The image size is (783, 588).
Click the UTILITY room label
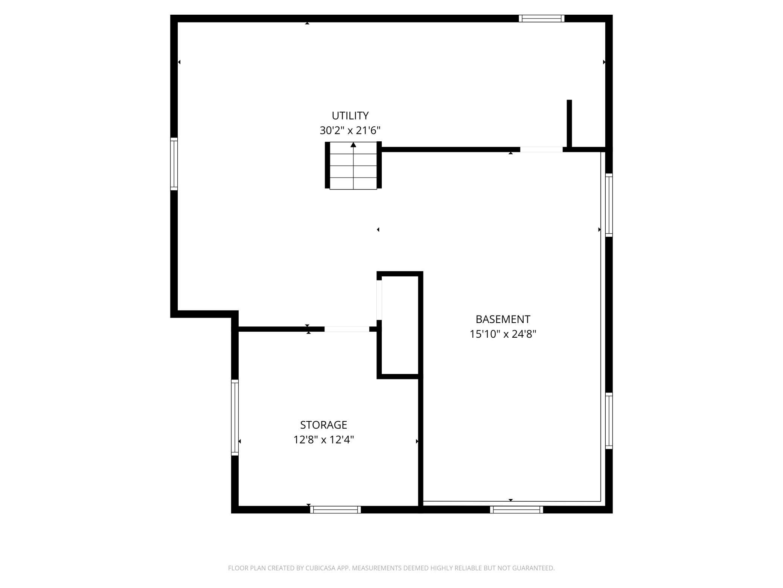[x=350, y=115]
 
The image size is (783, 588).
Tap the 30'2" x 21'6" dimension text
[x=350, y=130]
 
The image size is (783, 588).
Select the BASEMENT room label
[x=503, y=319]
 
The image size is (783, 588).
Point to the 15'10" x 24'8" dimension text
[x=503, y=334]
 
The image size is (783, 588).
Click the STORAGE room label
[x=323, y=425]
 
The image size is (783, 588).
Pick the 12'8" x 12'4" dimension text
[x=324, y=440]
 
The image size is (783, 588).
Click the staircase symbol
[x=353, y=165]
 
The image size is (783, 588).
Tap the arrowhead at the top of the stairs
[x=353, y=145]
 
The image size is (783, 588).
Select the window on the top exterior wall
[x=541, y=18]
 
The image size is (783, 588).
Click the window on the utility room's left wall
[x=174, y=164]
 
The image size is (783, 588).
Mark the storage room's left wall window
[x=235, y=418]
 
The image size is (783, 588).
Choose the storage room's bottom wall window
[x=335, y=510]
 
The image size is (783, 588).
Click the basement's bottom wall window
[x=516, y=510]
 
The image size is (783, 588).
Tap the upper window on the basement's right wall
[x=609, y=205]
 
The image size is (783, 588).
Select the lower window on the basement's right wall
[x=609, y=421]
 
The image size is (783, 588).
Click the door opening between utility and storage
[x=347, y=329]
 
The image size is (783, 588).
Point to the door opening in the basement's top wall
[x=541, y=150]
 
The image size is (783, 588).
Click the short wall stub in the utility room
[x=569, y=124]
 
